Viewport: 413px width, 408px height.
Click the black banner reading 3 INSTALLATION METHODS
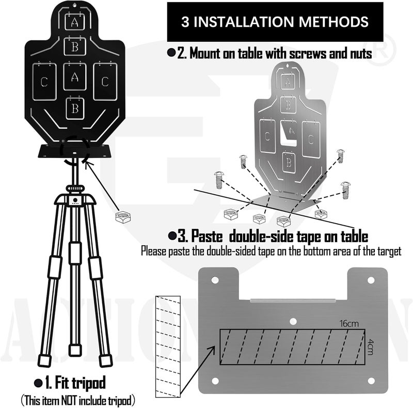[274, 22]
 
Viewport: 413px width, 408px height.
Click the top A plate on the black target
[75, 23]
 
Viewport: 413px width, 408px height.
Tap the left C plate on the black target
[45, 81]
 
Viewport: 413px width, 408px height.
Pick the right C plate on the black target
[105, 81]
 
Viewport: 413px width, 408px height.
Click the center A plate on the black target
[75, 77]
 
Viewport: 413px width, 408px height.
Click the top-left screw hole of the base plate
[214, 279]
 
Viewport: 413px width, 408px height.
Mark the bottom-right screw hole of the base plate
[371, 382]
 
